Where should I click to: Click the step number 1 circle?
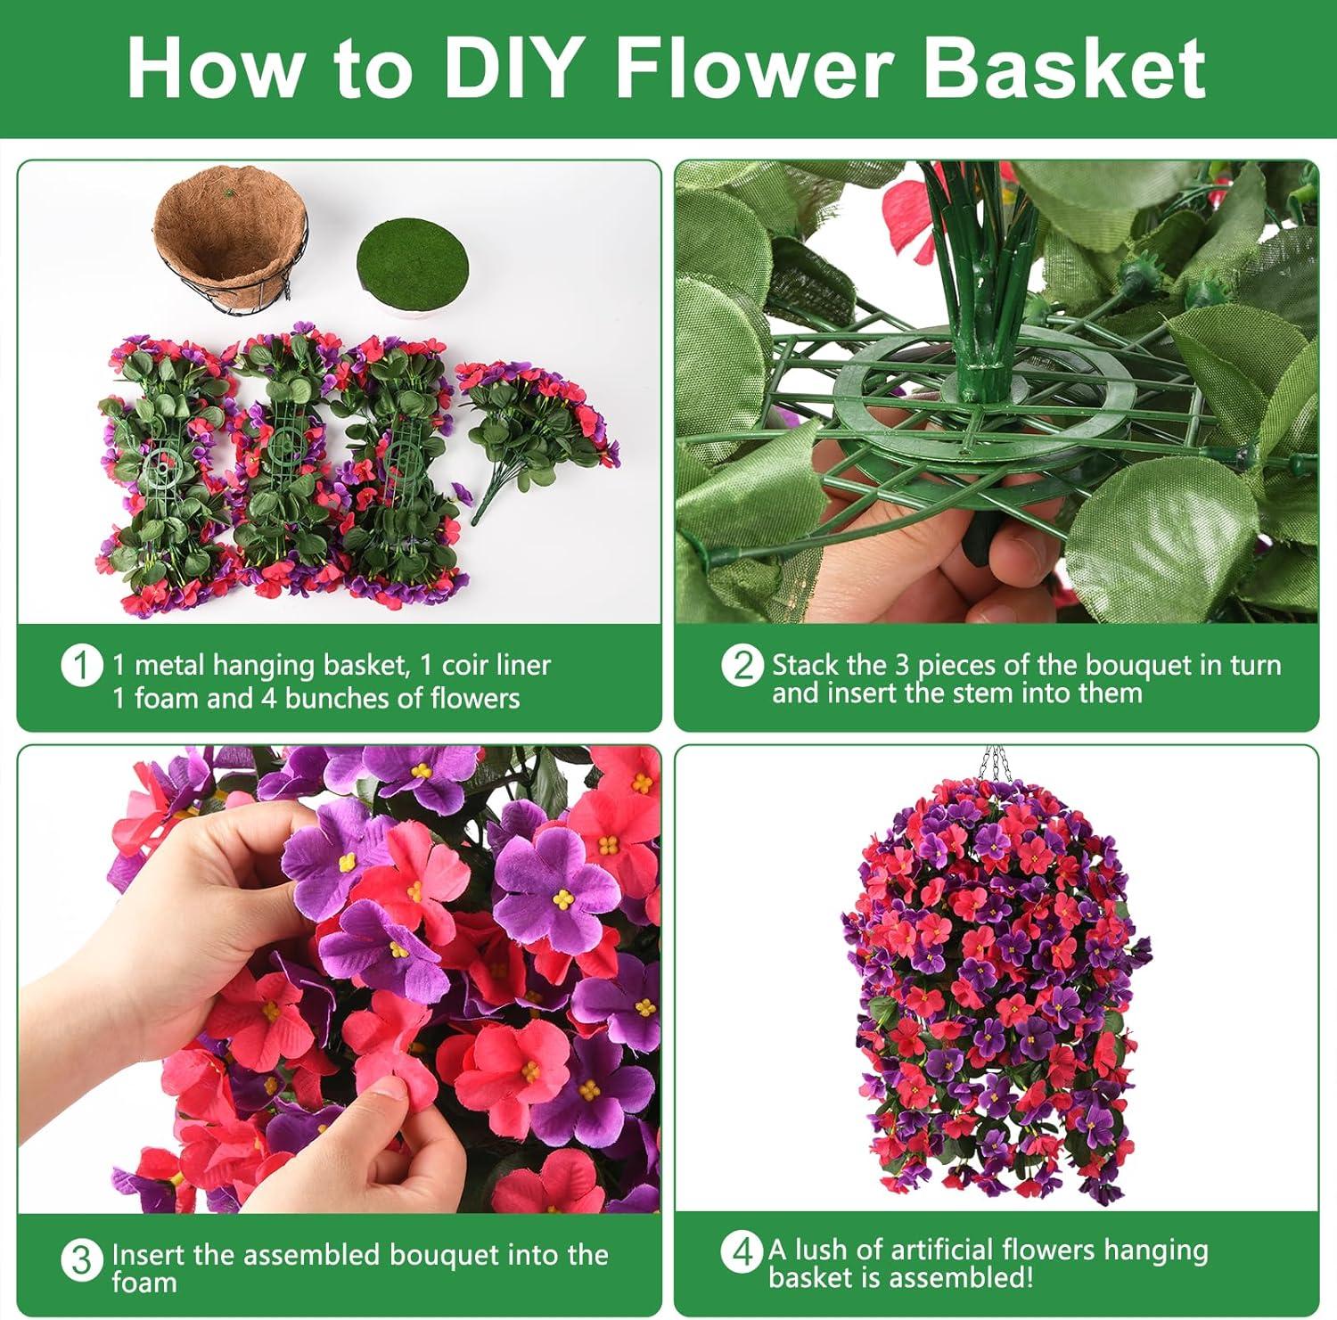pyautogui.click(x=81, y=666)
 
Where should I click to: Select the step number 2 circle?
pyautogui.click(x=742, y=667)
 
